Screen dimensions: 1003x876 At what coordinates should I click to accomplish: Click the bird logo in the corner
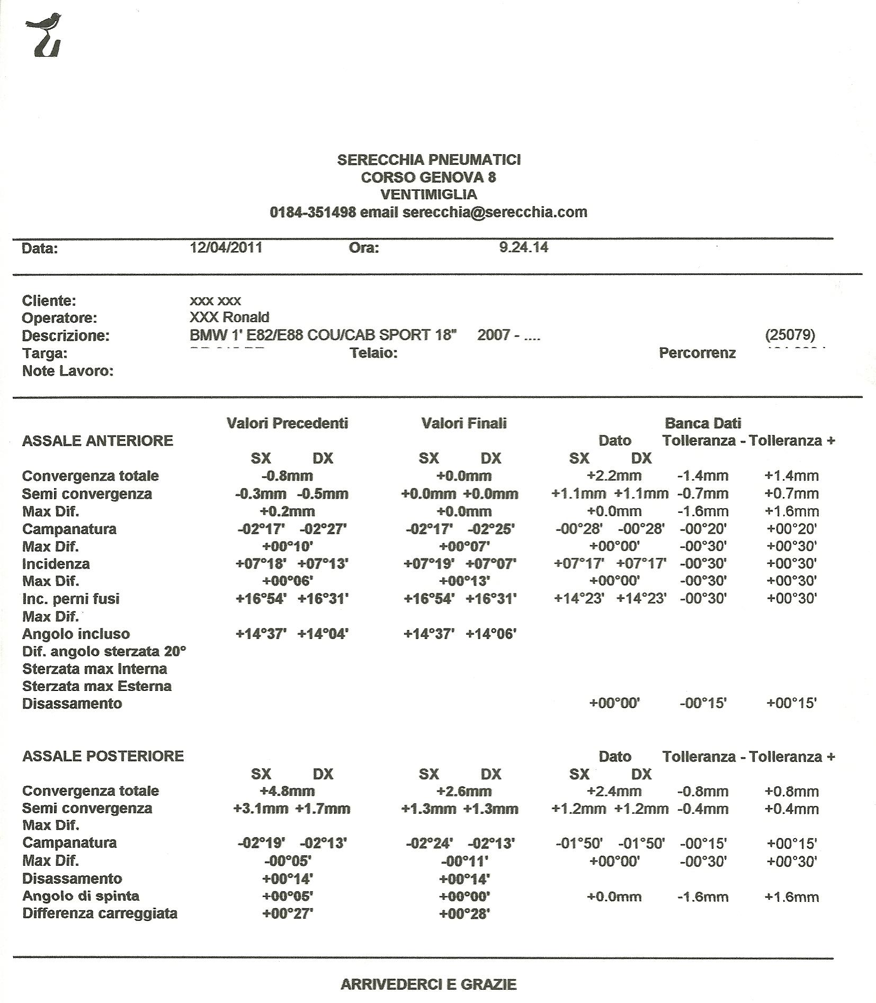[x=44, y=34]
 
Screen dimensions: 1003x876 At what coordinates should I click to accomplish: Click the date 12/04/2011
[x=226, y=247]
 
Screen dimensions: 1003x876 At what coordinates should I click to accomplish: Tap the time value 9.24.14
[x=523, y=247]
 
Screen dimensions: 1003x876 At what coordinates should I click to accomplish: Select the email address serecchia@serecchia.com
[x=495, y=212]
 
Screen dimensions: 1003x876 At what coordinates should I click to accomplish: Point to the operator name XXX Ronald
[x=229, y=317]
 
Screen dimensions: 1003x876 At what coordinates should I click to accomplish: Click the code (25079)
[x=790, y=335]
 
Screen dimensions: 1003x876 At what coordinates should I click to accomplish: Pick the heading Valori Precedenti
[x=287, y=423]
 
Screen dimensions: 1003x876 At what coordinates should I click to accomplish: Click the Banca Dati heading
[x=702, y=423]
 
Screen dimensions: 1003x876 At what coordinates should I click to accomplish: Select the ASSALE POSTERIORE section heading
[x=103, y=756]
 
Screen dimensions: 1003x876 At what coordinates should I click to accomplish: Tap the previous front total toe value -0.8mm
[x=287, y=476]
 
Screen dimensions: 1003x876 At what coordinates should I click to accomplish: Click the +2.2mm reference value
[x=614, y=476]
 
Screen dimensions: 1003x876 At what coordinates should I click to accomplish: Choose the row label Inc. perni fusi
[x=71, y=599]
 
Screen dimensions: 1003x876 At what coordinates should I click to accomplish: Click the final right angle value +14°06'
[x=491, y=634]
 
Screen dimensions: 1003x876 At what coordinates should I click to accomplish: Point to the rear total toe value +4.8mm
[x=287, y=791]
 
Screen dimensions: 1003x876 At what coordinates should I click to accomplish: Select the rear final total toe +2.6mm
[x=464, y=791]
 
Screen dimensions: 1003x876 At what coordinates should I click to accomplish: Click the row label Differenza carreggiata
[x=100, y=913]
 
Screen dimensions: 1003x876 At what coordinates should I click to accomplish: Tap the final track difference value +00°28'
[x=464, y=913]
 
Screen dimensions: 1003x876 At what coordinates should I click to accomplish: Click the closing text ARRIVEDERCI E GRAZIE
[x=428, y=984]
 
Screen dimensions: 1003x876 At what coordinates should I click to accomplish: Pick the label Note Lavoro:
[x=68, y=371]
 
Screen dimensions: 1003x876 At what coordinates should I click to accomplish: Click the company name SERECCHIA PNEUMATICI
[x=429, y=159]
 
